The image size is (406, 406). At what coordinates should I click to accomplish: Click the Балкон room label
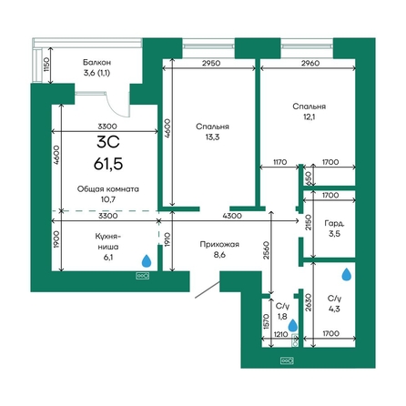coord(96,63)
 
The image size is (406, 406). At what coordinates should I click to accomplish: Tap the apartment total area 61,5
coord(108,164)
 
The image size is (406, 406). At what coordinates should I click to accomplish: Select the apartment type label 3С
coord(108,142)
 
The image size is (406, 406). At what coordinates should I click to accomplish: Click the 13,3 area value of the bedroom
coord(212,137)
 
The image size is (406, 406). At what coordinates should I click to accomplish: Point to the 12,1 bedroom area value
coord(309,117)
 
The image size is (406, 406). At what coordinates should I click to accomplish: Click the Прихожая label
coord(219,244)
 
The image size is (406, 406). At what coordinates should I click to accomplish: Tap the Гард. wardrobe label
coord(334,224)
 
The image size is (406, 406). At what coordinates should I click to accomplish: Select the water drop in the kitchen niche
coord(147,261)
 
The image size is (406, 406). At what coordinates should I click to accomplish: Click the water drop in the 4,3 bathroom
coord(347,274)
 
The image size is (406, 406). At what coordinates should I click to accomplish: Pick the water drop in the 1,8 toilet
coord(293,325)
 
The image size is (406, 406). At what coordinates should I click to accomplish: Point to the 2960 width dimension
coord(310,64)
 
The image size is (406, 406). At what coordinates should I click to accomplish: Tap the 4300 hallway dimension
coord(232,216)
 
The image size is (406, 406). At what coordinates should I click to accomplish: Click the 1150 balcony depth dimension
coord(46,65)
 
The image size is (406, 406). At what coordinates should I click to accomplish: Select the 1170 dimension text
coord(279,162)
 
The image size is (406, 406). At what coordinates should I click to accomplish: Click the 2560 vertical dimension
coord(266,250)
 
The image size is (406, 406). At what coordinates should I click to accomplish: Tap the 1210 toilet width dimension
coord(280,334)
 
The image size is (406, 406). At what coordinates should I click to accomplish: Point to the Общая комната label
coord(108,189)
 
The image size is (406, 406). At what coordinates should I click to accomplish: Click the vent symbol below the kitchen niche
coord(142,276)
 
